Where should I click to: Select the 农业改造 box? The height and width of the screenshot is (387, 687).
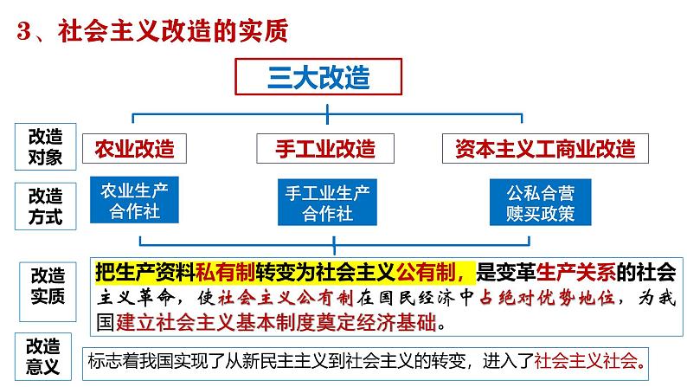pos(135,148)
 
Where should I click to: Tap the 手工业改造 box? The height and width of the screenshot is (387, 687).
pos(325,148)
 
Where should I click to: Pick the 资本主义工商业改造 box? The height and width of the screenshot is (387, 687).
pos(544,148)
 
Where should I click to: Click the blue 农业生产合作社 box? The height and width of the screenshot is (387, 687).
pos(133,200)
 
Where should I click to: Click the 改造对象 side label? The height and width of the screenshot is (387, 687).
pos(46,146)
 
